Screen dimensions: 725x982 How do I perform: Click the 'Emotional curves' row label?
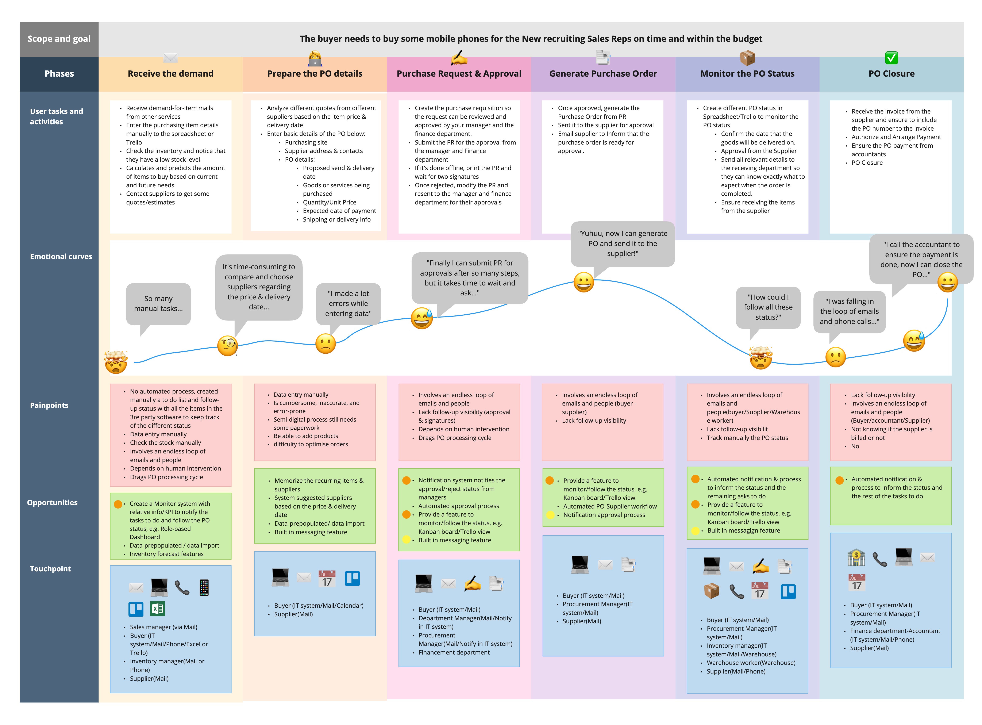(61, 257)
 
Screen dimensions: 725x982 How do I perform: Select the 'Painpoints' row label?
(49, 406)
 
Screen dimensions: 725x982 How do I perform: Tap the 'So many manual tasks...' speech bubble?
(158, 304)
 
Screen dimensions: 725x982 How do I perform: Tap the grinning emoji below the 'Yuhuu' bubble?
(584, 282)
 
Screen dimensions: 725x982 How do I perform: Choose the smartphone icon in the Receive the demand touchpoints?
(204, 588)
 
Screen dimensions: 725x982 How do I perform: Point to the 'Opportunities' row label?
(52, 503)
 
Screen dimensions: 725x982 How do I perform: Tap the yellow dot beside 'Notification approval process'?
(550, 515)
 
